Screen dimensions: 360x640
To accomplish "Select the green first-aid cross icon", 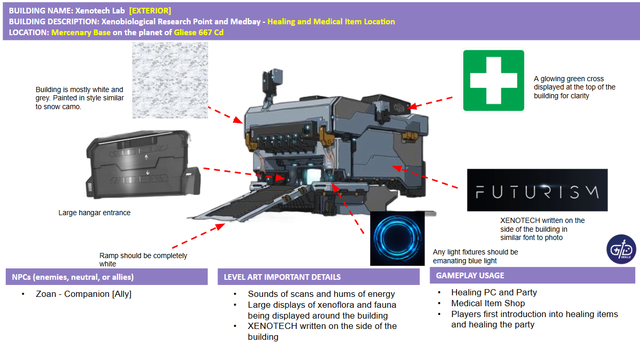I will coord(494,80).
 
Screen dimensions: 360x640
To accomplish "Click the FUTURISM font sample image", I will coord(537,190).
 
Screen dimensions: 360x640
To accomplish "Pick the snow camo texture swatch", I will coord(170,80).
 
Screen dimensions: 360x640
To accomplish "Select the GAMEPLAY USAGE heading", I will coord(470,275).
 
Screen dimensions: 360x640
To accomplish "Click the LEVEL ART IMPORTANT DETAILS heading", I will coord(282,277).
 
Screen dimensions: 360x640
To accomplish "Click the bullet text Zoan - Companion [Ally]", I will coord(83,294).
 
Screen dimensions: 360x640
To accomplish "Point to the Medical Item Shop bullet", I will coord(487,303).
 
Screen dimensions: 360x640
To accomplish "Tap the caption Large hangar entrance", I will coord(94,213).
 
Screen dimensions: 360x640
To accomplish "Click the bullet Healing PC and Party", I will coord(494,292).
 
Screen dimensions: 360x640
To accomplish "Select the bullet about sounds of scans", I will coord(321,294).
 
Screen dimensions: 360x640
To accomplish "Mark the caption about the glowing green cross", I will coord(574,87).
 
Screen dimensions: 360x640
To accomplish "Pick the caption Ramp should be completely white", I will coord(143,260).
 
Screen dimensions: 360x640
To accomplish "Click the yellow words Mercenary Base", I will coord(81,32).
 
